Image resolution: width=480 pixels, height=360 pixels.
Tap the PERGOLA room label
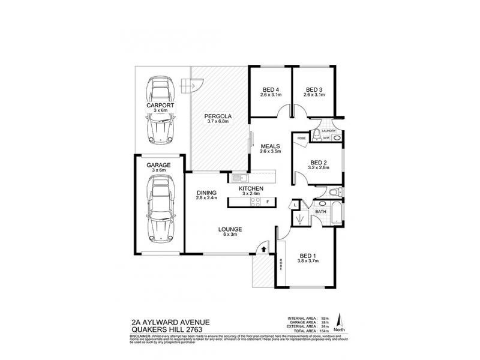(218, 116)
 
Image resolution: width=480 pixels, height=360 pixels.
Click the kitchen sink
(238, 178)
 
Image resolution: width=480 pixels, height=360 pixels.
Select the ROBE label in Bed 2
(301, 138)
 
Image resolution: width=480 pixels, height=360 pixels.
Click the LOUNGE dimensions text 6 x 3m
(230, 235)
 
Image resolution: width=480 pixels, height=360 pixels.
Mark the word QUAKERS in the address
(145, 329)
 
